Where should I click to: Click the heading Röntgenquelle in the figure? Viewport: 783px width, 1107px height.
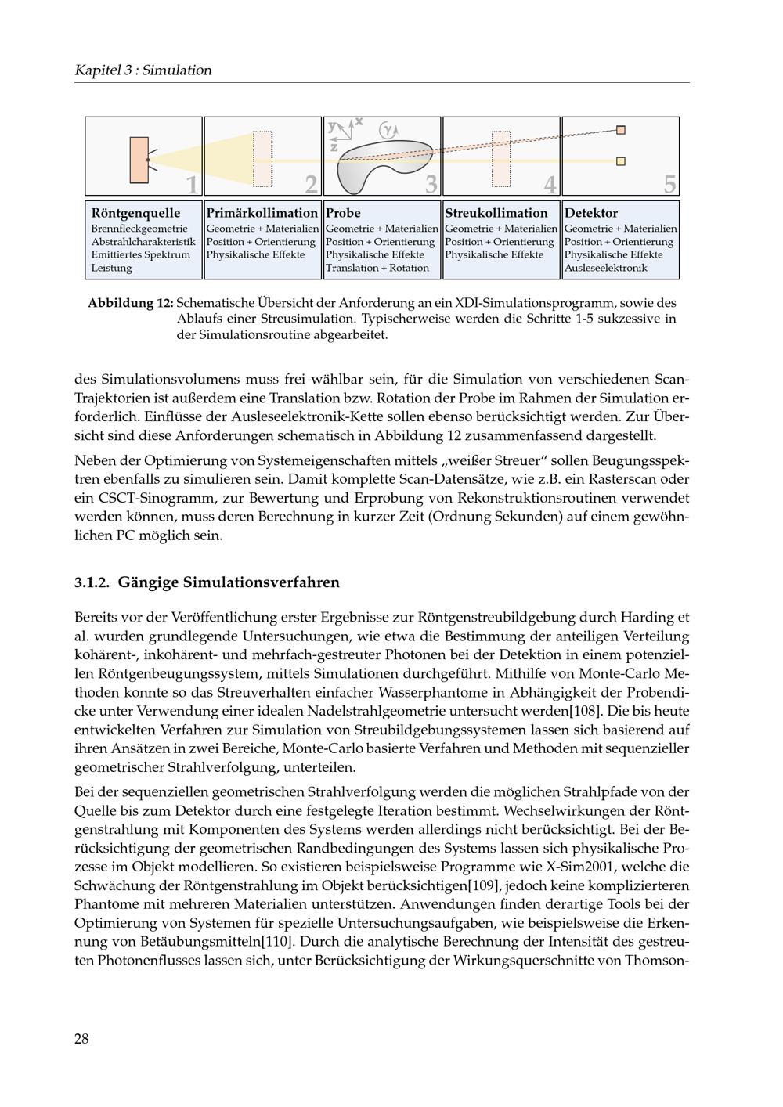point(135,213)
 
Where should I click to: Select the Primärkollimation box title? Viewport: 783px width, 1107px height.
point(262,213)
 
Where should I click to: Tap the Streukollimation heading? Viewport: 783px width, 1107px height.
point(496,213)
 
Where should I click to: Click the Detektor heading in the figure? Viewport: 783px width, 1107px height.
point(591,213)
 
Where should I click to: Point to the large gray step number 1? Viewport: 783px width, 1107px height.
point(192,185)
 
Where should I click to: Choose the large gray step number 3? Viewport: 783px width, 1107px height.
point(431,185)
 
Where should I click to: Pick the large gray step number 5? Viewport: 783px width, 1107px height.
point(669,185)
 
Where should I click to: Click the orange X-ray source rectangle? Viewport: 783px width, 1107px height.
point(139,160)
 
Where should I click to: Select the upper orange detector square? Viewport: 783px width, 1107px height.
point(621,130)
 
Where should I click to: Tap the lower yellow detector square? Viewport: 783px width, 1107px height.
point(621,161)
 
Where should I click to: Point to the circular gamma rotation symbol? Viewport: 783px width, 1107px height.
point(388,130)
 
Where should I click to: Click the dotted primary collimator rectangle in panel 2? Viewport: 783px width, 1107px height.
point(262,159)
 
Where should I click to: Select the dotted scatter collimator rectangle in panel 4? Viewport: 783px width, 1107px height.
point(501,159)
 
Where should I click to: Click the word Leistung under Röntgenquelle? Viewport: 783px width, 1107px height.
point(112,268)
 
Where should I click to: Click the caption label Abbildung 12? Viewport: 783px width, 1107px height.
point(131,303)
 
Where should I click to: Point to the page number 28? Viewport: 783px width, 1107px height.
point(81,1039)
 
